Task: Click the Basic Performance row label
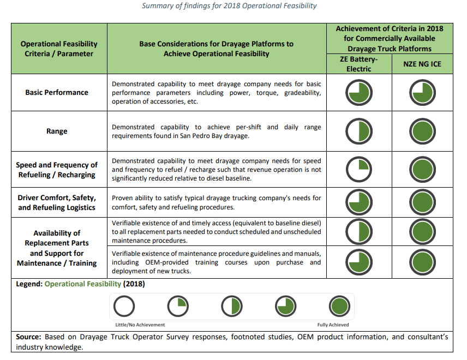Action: click(x=57, y=92)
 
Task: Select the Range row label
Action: click(x=57, y=131)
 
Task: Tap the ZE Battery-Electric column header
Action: click(x=359, y=64)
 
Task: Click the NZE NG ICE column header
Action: click(x=422, y=64)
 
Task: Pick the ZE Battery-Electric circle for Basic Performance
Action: click(x=358, y=93)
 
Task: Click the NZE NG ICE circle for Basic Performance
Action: click(x=422, y=93)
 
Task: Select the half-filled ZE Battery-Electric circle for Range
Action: click(x=358, y=131)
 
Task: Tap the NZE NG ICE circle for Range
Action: click(x=422, y=131)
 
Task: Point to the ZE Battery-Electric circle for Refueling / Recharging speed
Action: click(x=358, y=170)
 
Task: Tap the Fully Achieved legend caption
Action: click(x=333, y=325)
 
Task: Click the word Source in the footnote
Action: click(x=28, y=337)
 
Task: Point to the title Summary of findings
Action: click(x=229, y=6)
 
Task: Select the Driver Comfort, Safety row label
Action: click(x=57, y=202)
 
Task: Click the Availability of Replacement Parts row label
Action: click(x=57, y=248)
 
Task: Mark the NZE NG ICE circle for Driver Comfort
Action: click(x=422, y=203)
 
